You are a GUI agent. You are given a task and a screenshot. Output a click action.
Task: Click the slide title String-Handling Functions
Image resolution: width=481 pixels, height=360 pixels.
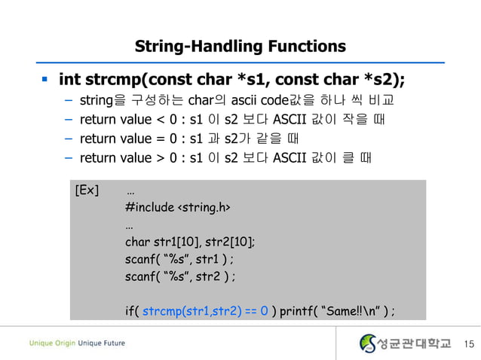click(240, 46)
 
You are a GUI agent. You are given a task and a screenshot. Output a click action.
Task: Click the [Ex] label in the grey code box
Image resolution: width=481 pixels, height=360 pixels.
click(87, 189)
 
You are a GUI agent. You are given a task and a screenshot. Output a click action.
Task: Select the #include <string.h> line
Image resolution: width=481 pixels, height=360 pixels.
click(178, 207)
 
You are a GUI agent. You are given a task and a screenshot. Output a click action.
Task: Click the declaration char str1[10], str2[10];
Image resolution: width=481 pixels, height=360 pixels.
click(190, 242)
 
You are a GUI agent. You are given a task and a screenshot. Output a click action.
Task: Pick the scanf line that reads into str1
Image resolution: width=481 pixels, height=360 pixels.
click(184, 259)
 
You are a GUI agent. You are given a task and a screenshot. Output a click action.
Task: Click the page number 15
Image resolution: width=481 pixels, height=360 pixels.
click(469, 344)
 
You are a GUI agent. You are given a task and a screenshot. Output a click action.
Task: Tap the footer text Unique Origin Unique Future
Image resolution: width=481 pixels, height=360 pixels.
click(77, 343)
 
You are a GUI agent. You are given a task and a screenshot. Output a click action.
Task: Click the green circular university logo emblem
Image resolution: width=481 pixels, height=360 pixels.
click(367, 343)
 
